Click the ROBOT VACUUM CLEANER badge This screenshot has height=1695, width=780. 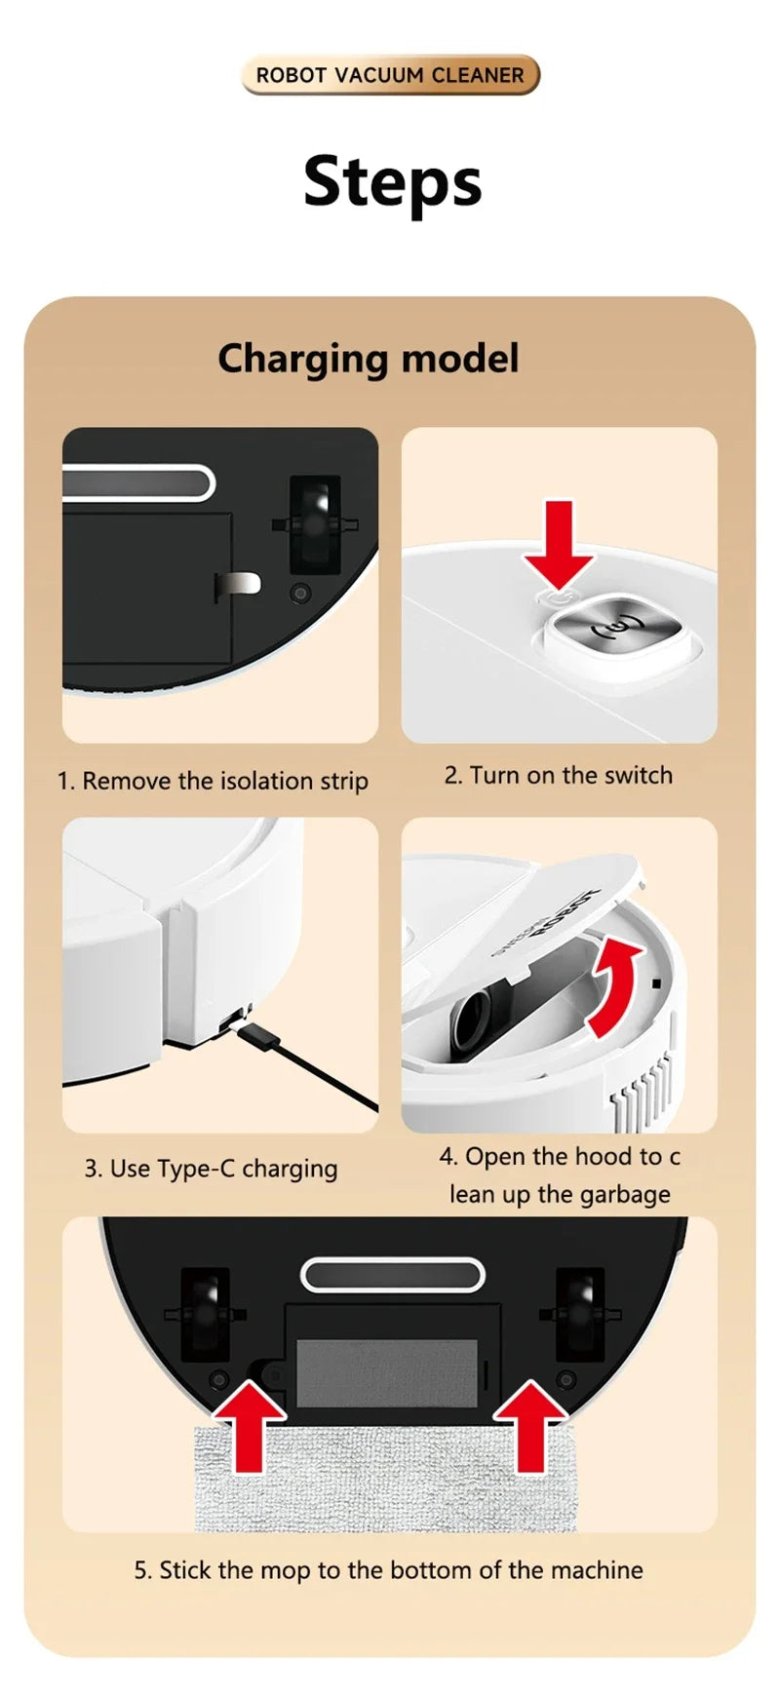pyautogui.click(x=390, y=75)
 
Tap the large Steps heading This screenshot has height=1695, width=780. pyautogui.click(x=392, y=182)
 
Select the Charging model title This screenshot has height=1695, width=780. pyautogui.click(x=368, y=358)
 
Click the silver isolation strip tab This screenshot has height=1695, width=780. pyautogui.click(x=238, y=584)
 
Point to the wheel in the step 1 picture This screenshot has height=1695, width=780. pyautogui.click(x=315, y=525)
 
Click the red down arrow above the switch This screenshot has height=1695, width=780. pyautogui.click(x=558, y=542)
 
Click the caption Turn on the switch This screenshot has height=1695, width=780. pyautogui.click(x=559, y=775)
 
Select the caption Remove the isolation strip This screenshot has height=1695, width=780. pyautogui.click(x=213, y=781)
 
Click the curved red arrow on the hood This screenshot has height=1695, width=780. pyautogui.click(x=616, y=986)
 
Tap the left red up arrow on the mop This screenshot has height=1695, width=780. pyautogui.click(x=250, y=1424)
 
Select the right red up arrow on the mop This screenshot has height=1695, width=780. pyautogui.click(x=529, y=1424)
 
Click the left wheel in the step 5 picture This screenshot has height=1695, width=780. pyautogui.click(x=206, y=1314)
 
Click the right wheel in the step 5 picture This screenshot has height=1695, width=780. pyautogui.click(x=578, y=1314)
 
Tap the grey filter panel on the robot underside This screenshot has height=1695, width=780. pyautogui.click(x=386, y=1372)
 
